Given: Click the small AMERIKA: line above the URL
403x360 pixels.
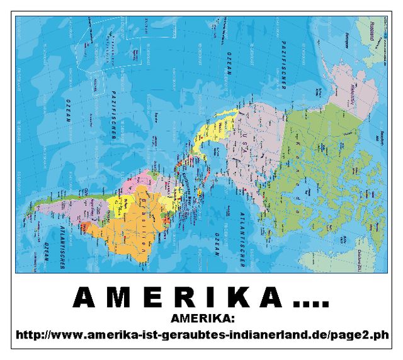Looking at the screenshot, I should [x=202, y=317].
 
